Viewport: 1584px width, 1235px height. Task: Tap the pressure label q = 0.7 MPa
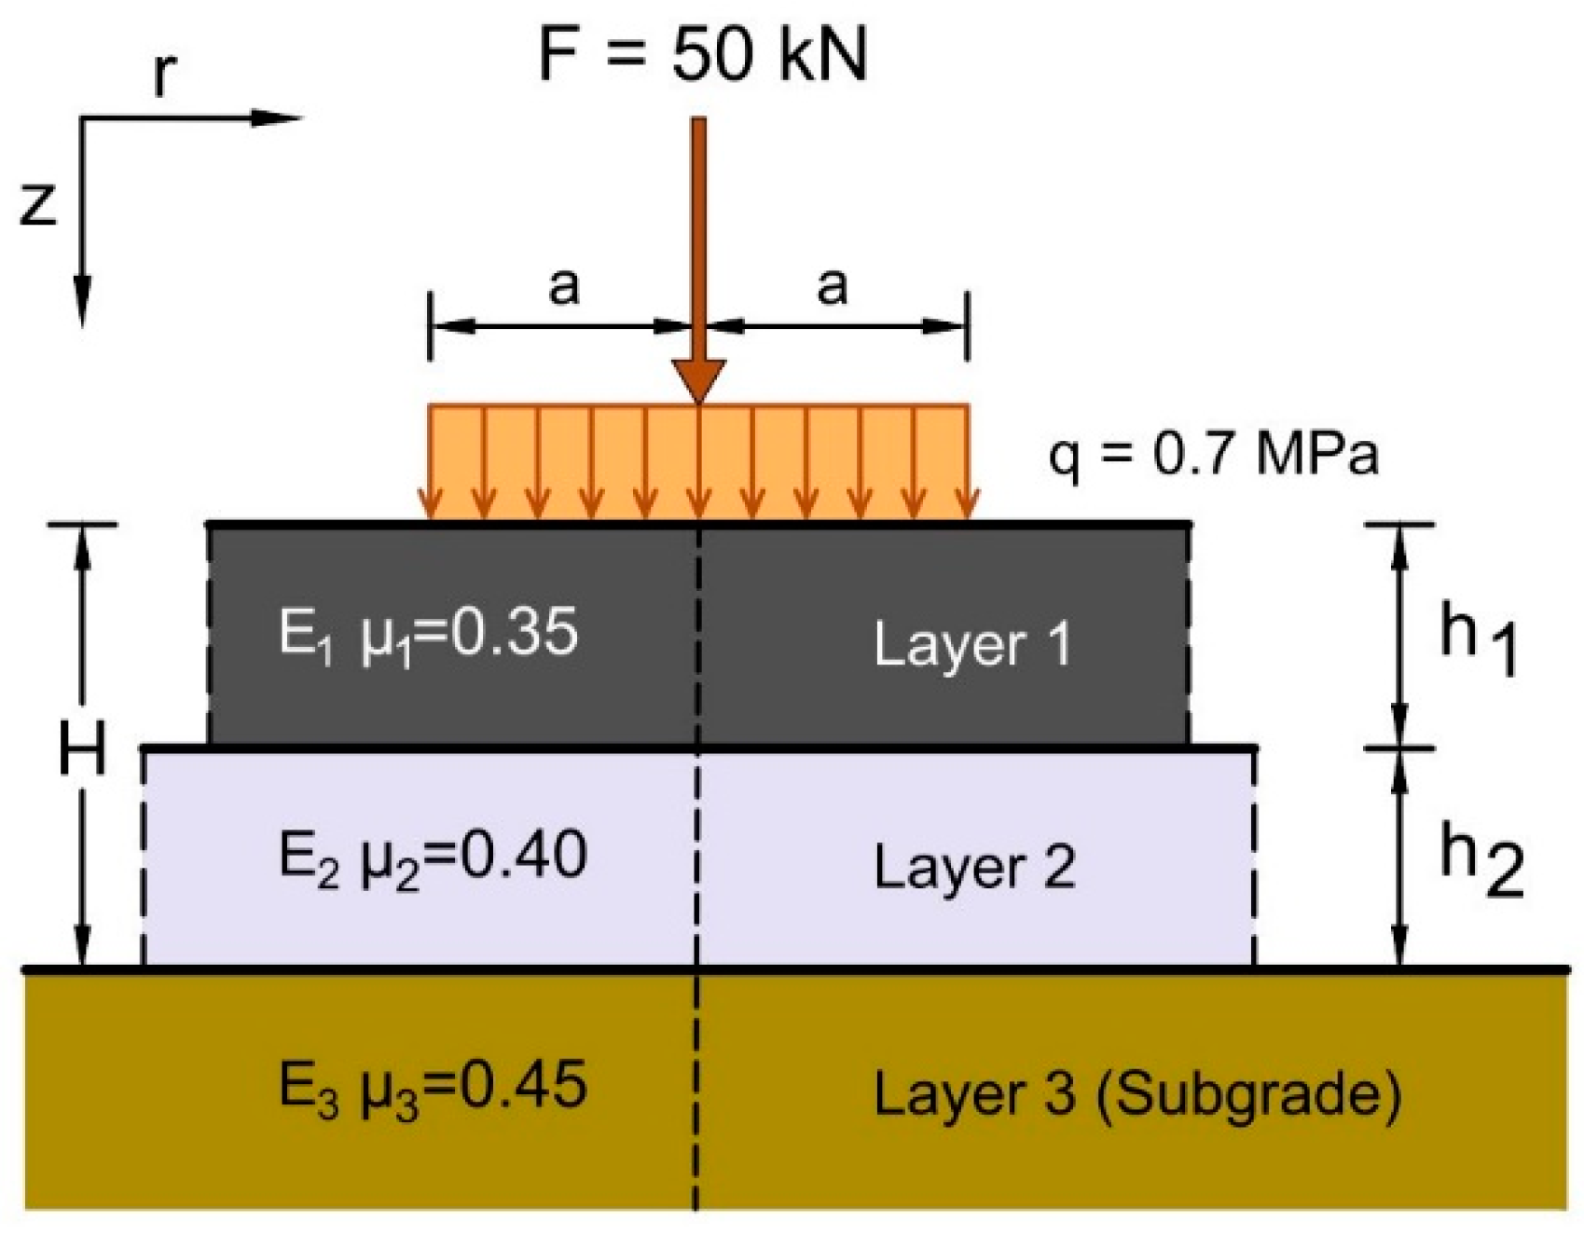tap(1213, 457)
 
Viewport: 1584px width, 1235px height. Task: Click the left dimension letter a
tap(563, 285)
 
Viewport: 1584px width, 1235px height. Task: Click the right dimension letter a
tap(832, 285)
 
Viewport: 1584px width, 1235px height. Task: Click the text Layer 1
tap(972, 644)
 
